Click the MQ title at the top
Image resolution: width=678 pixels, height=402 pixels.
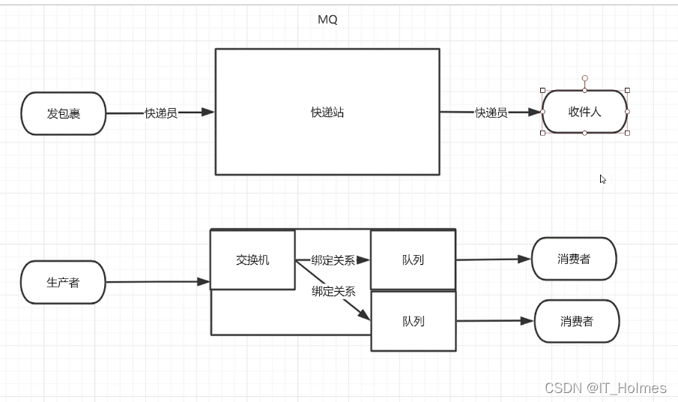327,20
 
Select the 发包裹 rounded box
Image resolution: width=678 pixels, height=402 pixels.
64,114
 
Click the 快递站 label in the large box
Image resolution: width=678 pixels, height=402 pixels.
327,112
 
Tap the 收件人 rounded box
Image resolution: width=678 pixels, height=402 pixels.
585,112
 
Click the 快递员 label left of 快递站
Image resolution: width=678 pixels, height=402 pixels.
161,113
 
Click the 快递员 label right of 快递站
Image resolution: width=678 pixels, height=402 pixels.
491,112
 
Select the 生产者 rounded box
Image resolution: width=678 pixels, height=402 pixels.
63,282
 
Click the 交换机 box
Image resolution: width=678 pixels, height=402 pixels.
252,260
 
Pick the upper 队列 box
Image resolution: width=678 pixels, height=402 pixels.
413,260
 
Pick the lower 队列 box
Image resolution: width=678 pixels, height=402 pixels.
414,321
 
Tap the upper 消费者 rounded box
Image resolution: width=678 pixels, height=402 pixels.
574,259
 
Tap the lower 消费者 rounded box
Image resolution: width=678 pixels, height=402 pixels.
577,321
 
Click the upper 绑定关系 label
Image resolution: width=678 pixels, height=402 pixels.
333,261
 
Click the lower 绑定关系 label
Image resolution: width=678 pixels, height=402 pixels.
333,291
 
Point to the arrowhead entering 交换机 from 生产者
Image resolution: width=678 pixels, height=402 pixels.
204,282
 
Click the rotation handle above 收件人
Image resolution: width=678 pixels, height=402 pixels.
585,78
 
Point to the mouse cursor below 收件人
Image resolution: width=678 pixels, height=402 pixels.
602,179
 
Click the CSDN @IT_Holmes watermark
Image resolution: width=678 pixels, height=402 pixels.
605,388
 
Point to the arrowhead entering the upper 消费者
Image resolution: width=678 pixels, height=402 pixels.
525,259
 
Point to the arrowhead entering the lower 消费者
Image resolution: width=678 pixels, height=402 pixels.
528,321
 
